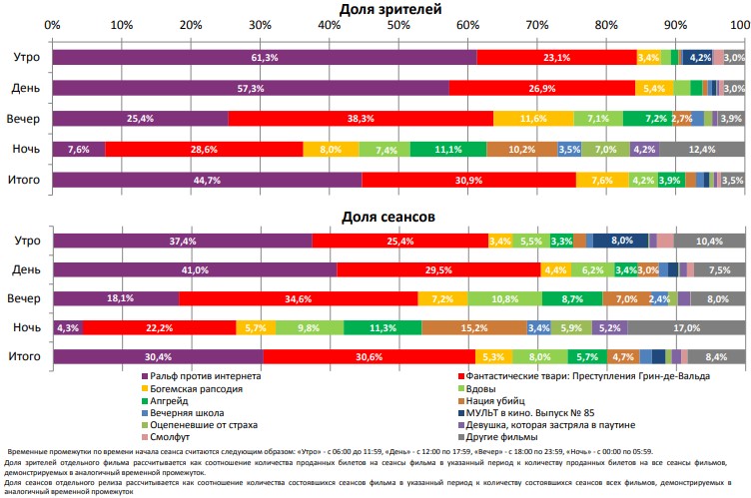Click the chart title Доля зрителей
coord(398,9)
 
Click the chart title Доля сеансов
coord(398,215)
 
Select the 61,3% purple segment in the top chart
coord(264,58)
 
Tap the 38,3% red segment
coord(361,119)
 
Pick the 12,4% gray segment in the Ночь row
coord(702,150)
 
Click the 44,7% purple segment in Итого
coord(207,180)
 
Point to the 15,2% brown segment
coord(474,327)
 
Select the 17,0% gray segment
coord(686,327)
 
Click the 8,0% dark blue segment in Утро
coord(621,241)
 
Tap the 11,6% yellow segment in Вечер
coord(533,119)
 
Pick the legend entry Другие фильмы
coord(506,435)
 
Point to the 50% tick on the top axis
coord(398,25)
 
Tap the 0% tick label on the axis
coord(53,25)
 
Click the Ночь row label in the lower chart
coord(26,327)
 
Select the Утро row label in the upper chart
coord(26,58)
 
